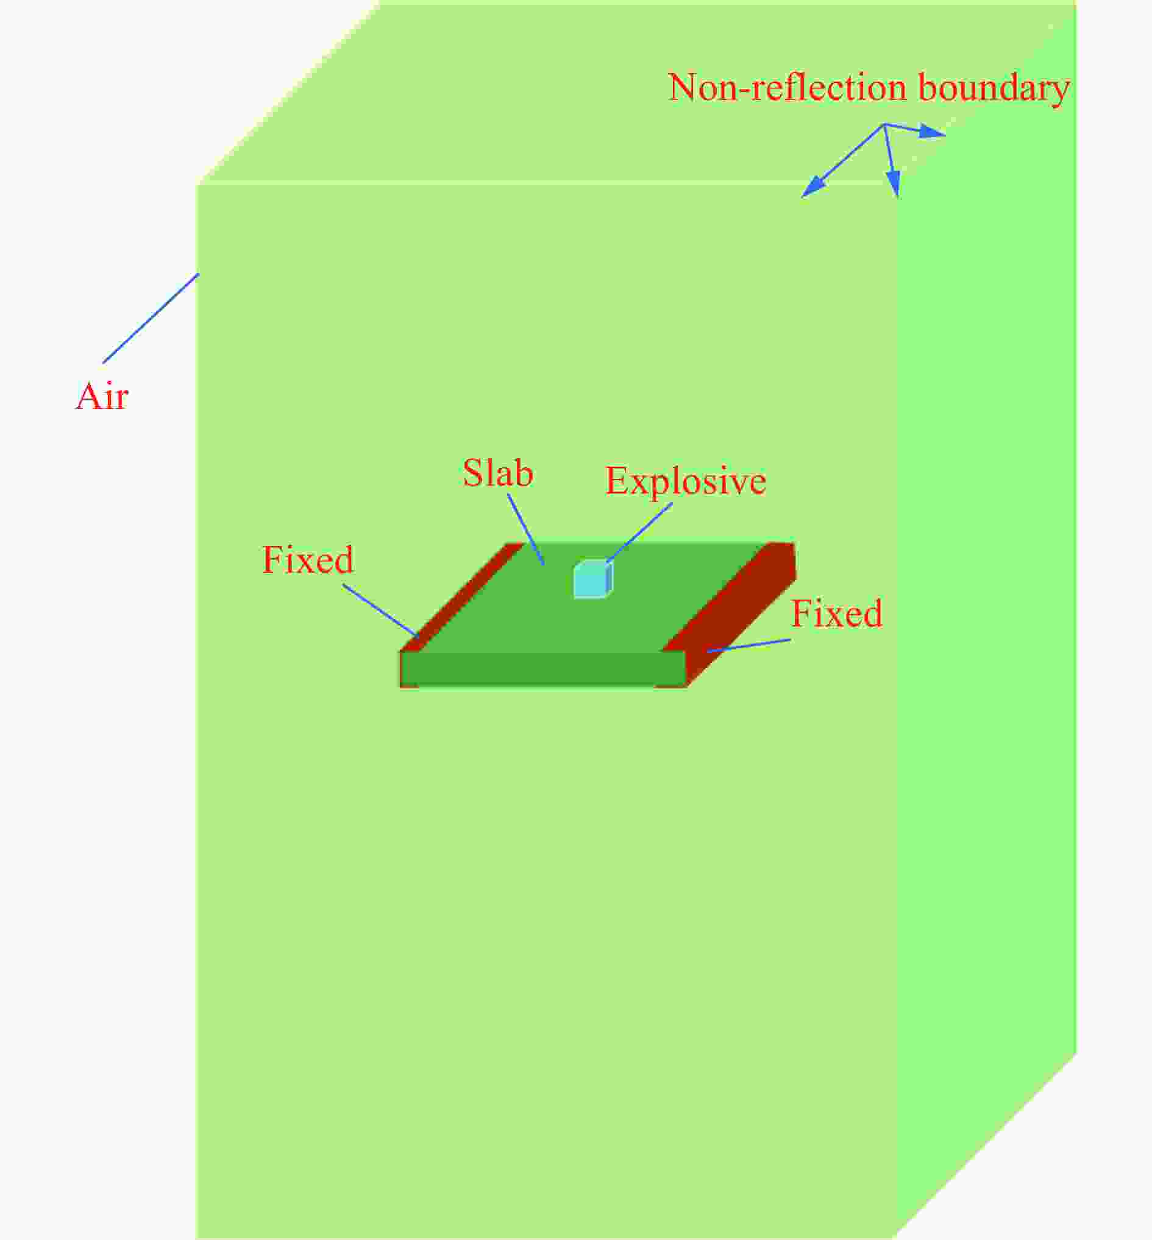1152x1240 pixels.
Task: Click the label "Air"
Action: point(102,395)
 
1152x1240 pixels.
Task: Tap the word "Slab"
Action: point(497,473)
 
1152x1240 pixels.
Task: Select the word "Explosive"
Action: point(685,481)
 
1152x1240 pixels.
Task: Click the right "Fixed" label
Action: point(836,613)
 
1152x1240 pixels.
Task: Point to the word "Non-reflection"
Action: point(788,87)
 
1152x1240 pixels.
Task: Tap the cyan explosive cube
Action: point(593,579)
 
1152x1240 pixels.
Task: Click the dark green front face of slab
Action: point(542,668)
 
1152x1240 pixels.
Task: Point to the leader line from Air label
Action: point(151,318)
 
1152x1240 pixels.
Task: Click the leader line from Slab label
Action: point(526,530)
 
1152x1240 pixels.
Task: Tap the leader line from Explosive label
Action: point(639,533)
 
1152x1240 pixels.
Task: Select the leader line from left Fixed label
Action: point(380,610)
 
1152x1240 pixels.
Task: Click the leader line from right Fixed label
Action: point(748,645)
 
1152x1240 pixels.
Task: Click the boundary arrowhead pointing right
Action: point(933,132)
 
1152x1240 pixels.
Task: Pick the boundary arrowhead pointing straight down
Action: point(894,183)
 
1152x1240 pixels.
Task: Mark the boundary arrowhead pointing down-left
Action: point(814,186)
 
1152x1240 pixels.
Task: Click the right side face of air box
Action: point(986,623)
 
